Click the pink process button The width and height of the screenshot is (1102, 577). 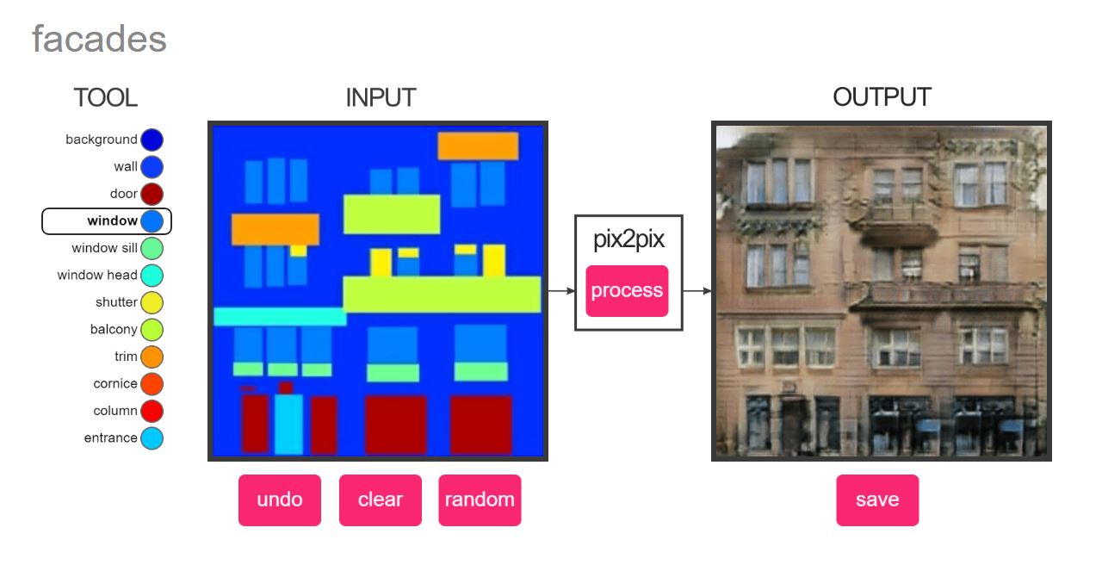tap(627, 291)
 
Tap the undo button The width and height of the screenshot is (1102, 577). tap(280, 499)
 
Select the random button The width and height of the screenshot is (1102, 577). tap(480, 499)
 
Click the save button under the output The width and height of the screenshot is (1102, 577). tap(877, 499)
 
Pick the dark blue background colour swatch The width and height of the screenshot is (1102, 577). tap(152, 140)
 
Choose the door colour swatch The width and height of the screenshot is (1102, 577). tap(152, 194)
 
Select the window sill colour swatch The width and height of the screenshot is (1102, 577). tap(152, 248)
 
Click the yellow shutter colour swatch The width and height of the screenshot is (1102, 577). tap(152, 302)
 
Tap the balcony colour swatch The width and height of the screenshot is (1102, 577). tap(152, 329)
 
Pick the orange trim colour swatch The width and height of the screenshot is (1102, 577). tap(152, 357)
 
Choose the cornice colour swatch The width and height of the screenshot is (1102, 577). tap(152, 383)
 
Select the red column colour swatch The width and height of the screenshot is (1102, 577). tap(152, 411)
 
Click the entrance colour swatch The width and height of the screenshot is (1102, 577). tap(152, 437)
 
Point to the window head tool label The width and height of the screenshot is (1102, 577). tap(97, 276)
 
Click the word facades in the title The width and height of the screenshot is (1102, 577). tap(99, 40)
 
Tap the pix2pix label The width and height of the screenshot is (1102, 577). tap(628, 240)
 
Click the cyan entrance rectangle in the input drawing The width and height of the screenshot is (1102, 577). tap(288, 424)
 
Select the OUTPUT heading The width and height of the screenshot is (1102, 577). tap(882, 97)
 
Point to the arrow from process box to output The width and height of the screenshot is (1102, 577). tap(697, 291)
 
